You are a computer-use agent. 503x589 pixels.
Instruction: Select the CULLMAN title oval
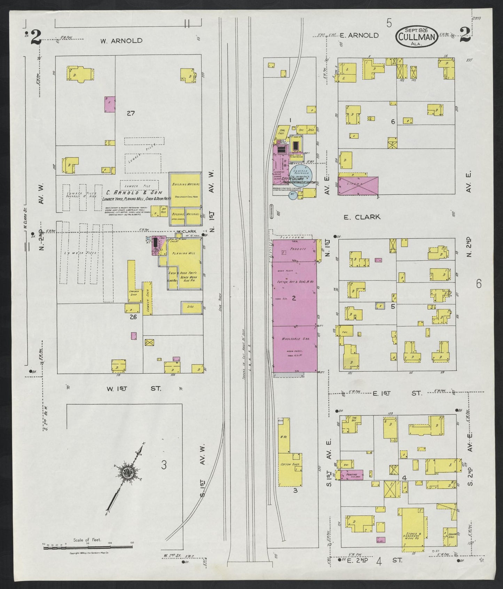[416, 36]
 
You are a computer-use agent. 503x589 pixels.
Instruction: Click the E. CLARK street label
[362, 217]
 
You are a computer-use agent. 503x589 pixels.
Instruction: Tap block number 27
[131, 113]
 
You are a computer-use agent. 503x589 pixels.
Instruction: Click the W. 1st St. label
[134, 388]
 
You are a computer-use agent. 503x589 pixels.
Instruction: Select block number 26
[133, 317]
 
